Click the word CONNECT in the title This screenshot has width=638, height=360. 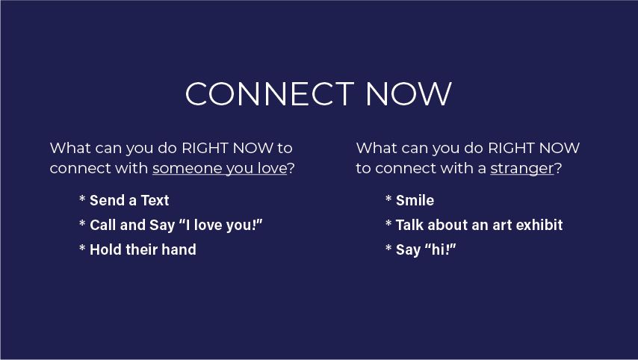pyautogui.click(x=270, y=94)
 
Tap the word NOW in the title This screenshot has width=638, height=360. pyautogui.click(x=409, y=94)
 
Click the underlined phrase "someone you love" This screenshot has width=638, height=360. pyautogui.click(x=220, y=168)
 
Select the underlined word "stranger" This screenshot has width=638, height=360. pyautogui.click(x=522, y=168)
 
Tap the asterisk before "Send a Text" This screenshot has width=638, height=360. pyautogui.click(x=82, y=199)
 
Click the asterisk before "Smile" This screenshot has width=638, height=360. pyautogui.click(x=388, y=199)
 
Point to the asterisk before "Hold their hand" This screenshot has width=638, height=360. pyautogui.click(x=82, y=248)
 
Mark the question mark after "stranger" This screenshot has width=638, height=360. pyautogui.click(x=558, y=167)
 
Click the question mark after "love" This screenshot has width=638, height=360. pyautogui.click(x=291, y=167)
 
